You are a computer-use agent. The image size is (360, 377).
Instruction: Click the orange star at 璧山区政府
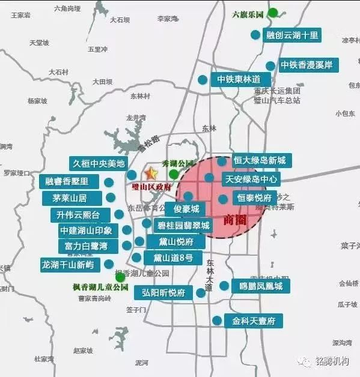click(x=151, y=173)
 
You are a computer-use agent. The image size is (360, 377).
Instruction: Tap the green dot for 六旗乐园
click(x=273, y=13)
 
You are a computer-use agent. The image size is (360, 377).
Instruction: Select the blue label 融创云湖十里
click(x=293, y=35)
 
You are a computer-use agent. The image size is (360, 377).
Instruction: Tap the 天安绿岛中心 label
click(x=251, y=178)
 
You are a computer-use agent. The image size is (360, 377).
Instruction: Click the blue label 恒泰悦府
click(x=254, y=198)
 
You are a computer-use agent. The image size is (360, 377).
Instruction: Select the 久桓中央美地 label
click(x=99, y=163)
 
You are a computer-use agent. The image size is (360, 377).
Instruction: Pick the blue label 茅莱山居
click(x=69, y=198)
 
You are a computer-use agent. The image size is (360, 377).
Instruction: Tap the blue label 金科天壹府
click(x=253, y=321)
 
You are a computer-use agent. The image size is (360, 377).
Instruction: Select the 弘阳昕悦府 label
click(x=163, y=293)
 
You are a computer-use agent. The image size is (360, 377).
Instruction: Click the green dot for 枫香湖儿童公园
click(x=121, y=277)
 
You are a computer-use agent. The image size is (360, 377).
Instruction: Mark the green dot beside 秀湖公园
click(x=174, y=175)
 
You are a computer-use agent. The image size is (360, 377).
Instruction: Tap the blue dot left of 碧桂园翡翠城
click(x=147, y=223)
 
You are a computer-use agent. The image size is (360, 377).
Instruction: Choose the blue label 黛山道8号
click(x=172, y=258)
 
